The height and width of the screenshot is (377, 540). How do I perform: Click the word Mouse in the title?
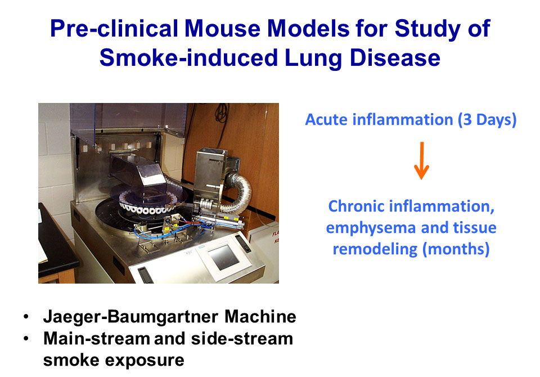222,28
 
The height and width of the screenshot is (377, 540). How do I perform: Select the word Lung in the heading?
313,57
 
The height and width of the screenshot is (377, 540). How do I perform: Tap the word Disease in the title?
395,57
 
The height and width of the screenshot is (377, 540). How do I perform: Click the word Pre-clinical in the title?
114,28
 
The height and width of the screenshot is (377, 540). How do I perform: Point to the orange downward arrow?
421,160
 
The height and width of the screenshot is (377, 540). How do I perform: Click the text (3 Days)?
487,120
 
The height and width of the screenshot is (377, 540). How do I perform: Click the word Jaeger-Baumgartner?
130,317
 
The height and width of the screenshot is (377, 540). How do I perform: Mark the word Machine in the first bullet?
260,316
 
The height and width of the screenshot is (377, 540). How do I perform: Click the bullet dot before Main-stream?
26,339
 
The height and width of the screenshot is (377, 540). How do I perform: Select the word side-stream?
242,339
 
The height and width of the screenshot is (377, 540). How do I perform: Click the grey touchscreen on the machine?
223,257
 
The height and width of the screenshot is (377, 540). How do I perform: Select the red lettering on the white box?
276,237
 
